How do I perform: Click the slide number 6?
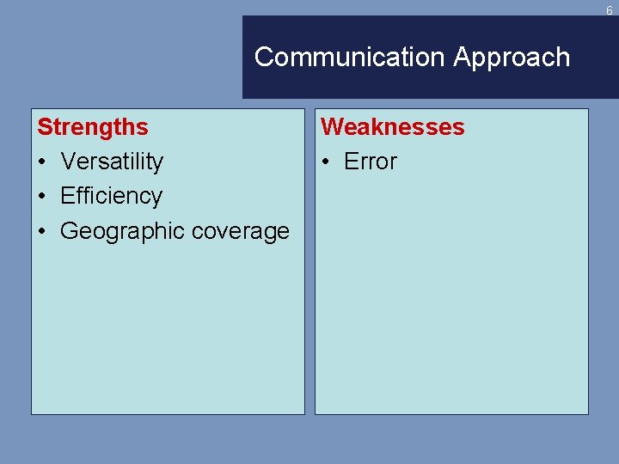click(x=609, y=11)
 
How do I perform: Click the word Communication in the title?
click(x=350, y=58)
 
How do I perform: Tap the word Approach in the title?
click(x=512, y=58)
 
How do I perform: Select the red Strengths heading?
click(x=93, y=127)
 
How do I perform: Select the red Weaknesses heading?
click(x=392, y=127)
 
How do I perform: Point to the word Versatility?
click(x=112, y=162)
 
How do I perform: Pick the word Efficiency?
click(x=111, y=197)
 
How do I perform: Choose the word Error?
click(x=371, y=162)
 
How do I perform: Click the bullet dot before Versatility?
click(x=42, y=162)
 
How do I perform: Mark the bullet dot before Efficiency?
click(x=42, y=197)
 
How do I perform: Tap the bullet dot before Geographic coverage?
click(x=42, y=232)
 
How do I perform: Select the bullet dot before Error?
click(x=326, y=162)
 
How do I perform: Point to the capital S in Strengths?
click(x=44, y=127)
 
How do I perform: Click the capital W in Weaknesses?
click(x=331, y=127)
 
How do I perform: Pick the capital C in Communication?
click(x=264, y=58)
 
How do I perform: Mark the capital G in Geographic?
click(x=69, y=231)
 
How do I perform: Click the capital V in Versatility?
click(x=67, y=162)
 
